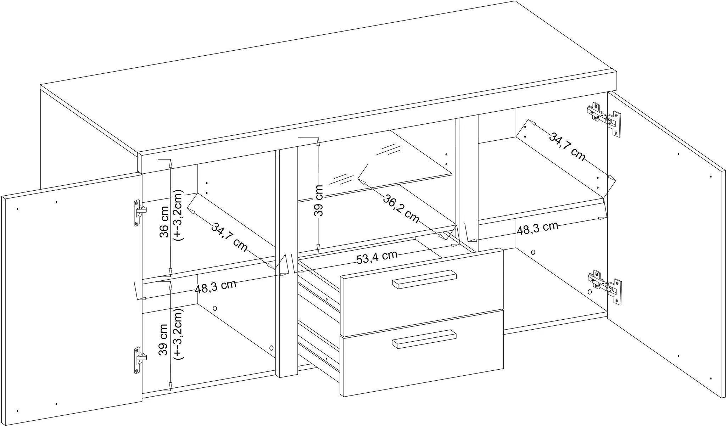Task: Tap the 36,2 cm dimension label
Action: click(401, 208)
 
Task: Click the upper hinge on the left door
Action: click(139, 213)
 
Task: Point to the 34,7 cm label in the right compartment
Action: click(567, 147)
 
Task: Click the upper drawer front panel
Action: click(422, 291)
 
